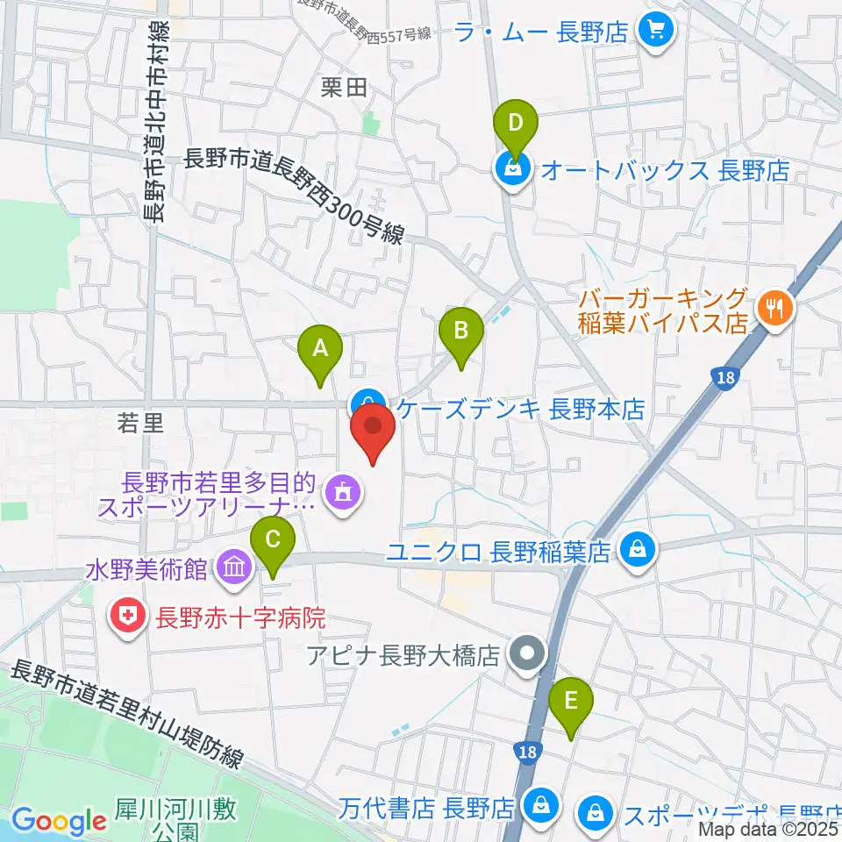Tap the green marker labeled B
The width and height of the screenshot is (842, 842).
pyautogui.click(x=461, y=333)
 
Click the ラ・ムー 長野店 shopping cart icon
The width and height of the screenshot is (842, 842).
pyautogui.click(x=654, y=32)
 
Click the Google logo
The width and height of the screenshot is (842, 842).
pyautogui.click(x=59, y=821)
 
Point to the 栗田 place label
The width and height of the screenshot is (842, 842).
pyautogui.click(x=342, y=87)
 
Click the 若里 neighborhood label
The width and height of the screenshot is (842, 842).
pyautogui.click(x=140, y=425)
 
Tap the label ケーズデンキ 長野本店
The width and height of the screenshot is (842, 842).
pyautogui.click(x=521, y=409)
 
